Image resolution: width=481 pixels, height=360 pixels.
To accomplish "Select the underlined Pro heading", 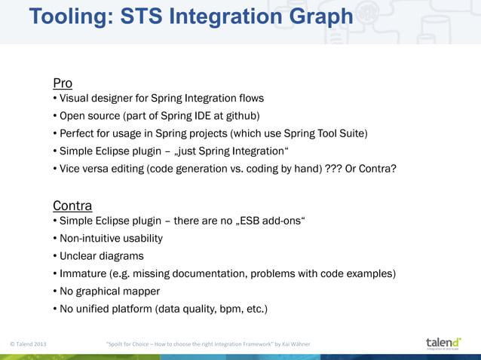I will (63, 83).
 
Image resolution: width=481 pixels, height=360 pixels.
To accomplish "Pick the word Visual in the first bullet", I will (76, 99).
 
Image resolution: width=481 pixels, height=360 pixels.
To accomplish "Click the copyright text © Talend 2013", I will (28, 344).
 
